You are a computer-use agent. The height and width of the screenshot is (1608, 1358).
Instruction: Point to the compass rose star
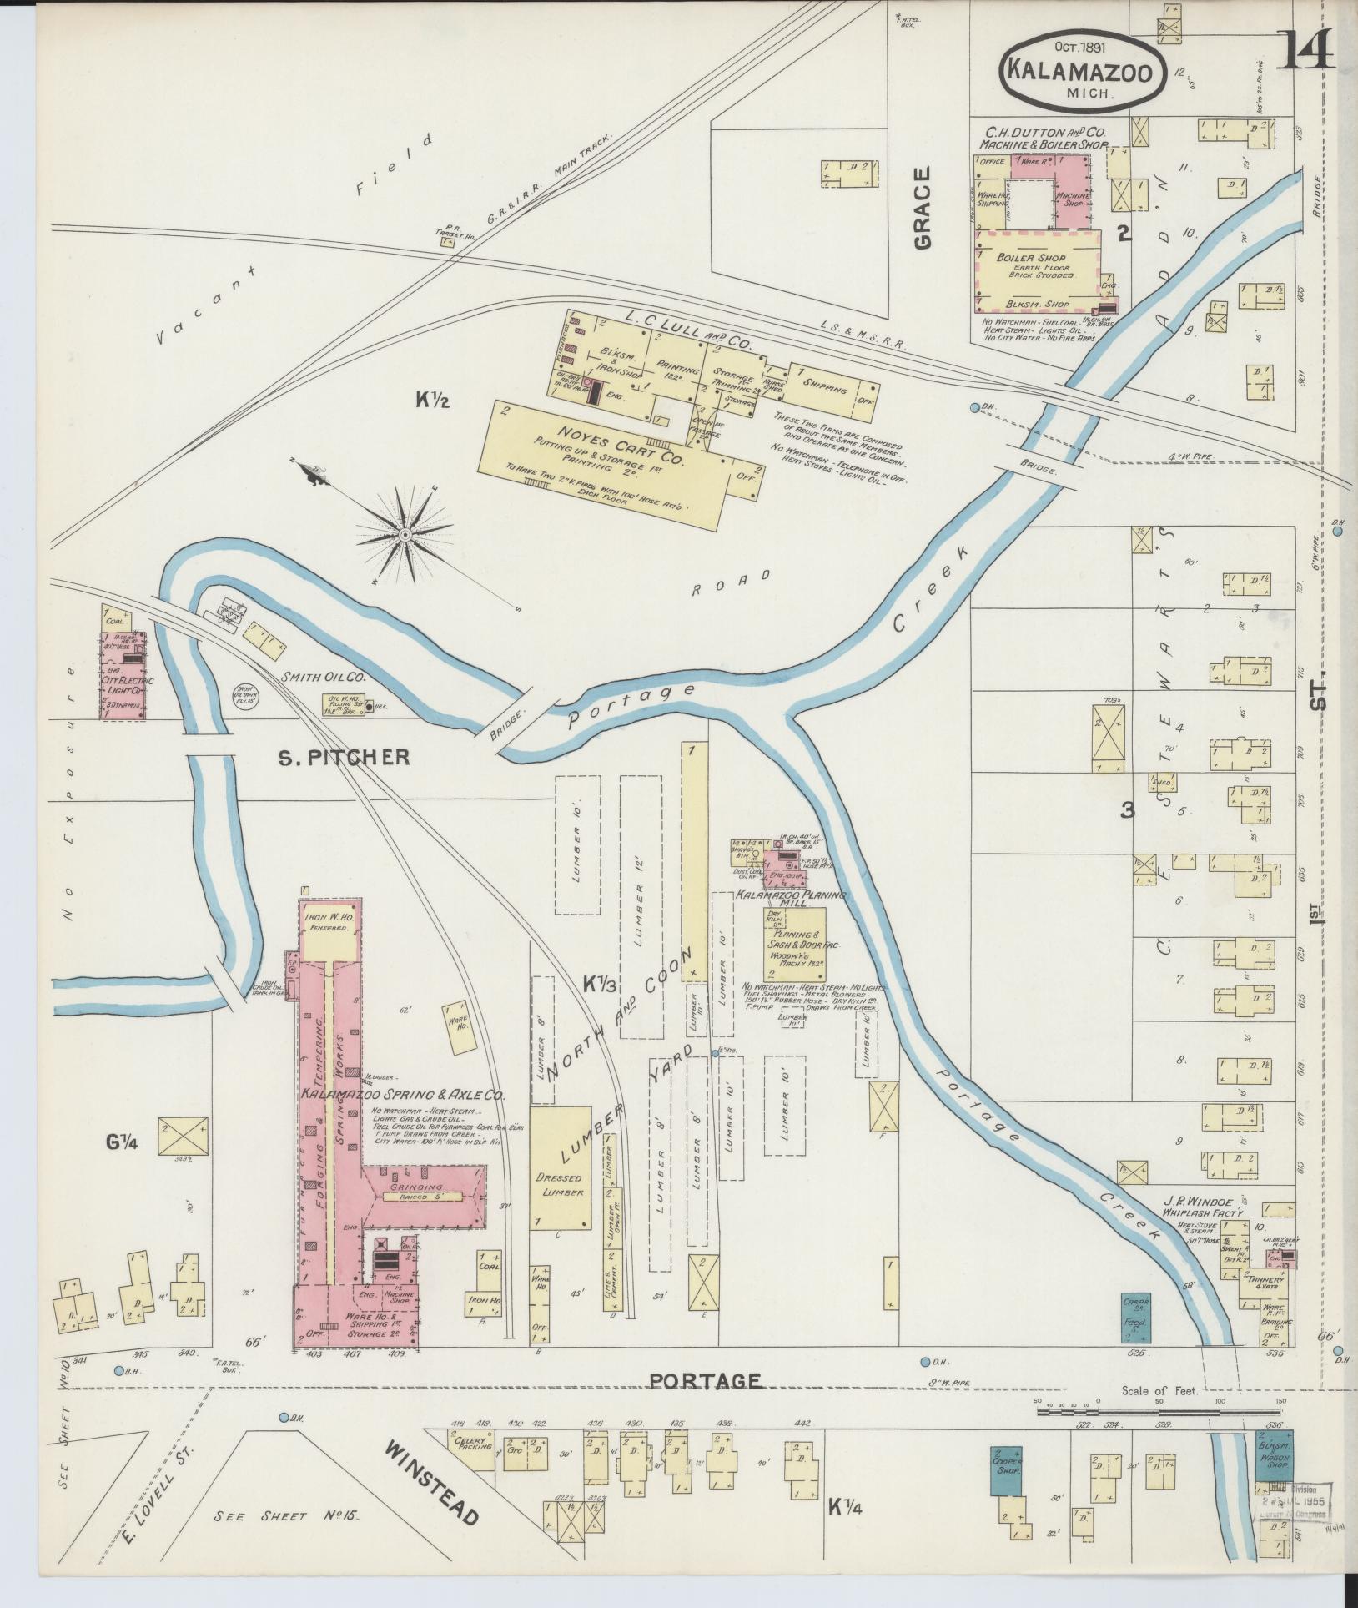405,534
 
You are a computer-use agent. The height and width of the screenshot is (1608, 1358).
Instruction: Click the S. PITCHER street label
344,757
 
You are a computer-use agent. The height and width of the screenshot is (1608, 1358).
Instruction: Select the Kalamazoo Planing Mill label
790,900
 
